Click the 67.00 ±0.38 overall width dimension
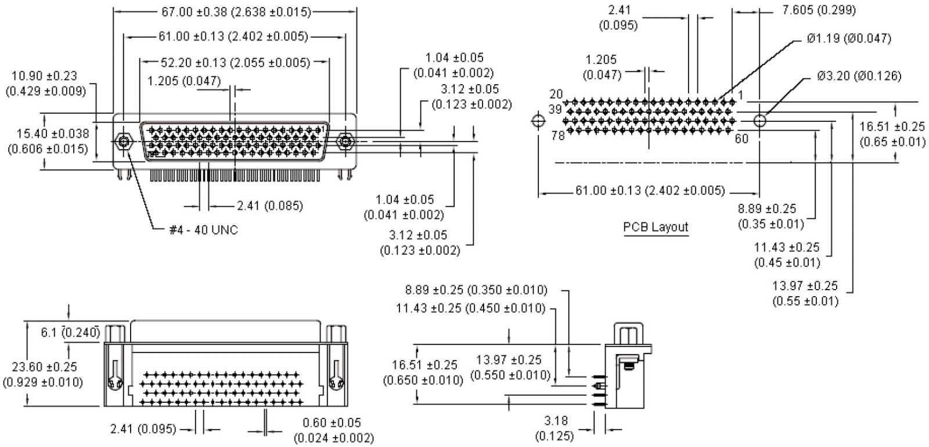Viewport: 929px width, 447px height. pyautogui.click(x=235, y=12)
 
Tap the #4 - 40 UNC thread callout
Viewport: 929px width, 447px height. pyautogui.click(x=203, y=230)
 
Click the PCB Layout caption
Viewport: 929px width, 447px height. pyautogui.click(x=656, y=226)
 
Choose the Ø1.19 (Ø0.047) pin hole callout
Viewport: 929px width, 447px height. pyautogui.click(x=848, y=39)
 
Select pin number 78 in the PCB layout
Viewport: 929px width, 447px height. pyautogui.click(x=557, y=136)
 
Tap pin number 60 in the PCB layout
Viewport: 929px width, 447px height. pyautogui.click(x=741, y=139)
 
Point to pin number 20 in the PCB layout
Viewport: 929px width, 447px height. pyautogui.click(x=556, y=94)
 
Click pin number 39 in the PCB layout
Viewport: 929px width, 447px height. pyautogui.click(x=555, y=109)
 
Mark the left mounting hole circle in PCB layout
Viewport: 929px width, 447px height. pyautogui.click(x=538, y=120)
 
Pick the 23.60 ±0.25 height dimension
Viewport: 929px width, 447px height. pyautogui.click(x=43, y=374)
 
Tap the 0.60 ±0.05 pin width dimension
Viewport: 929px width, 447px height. pyautogui.click(x=334, y=430)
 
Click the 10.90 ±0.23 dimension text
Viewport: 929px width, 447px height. pyautogui.click(x=44, y=84)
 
